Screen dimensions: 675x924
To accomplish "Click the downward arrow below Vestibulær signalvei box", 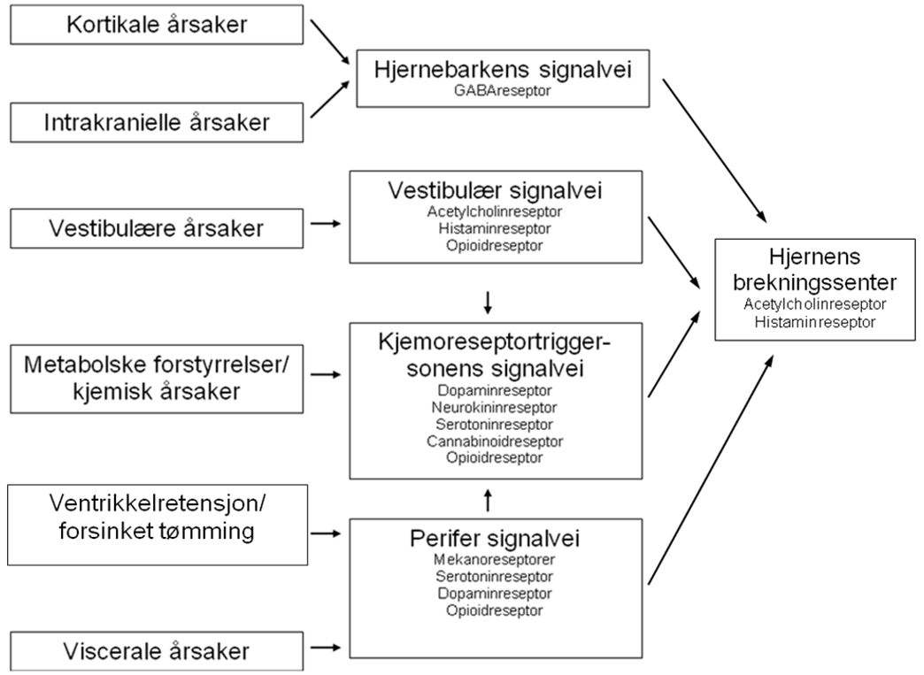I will coord(488,304).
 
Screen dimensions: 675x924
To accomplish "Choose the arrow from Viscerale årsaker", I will coord(327,648).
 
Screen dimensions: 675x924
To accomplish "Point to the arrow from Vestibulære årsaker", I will coord(327,225).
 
